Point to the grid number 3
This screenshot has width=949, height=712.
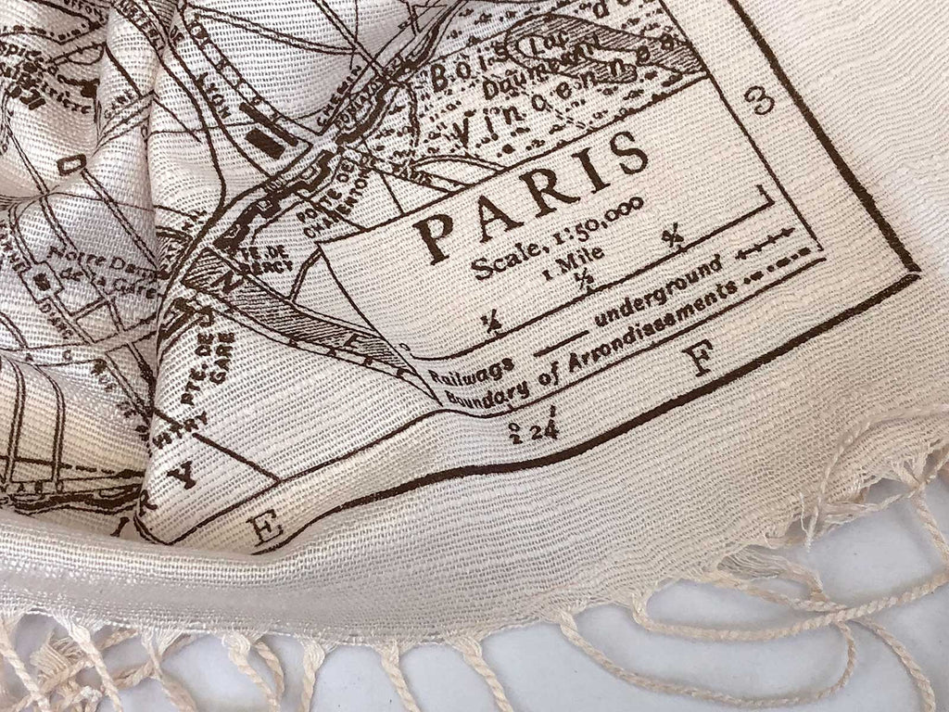pyautogui.click(x=764, y=100)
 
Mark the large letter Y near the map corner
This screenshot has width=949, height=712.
pyautogui.click(x=188, y=474)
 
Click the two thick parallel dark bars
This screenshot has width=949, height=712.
pyautogui.click(x=267, y=131)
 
